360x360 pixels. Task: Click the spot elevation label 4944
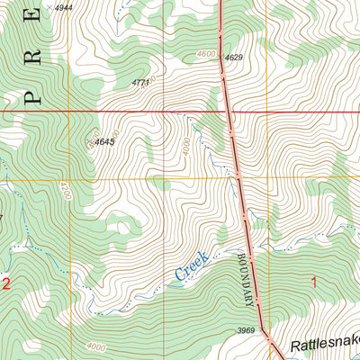point(65,7)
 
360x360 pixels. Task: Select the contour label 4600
point(207,54)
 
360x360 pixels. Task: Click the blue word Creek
point(191,265)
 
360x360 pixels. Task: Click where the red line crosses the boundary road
point(228,112)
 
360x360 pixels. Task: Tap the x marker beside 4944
point(49,7)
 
